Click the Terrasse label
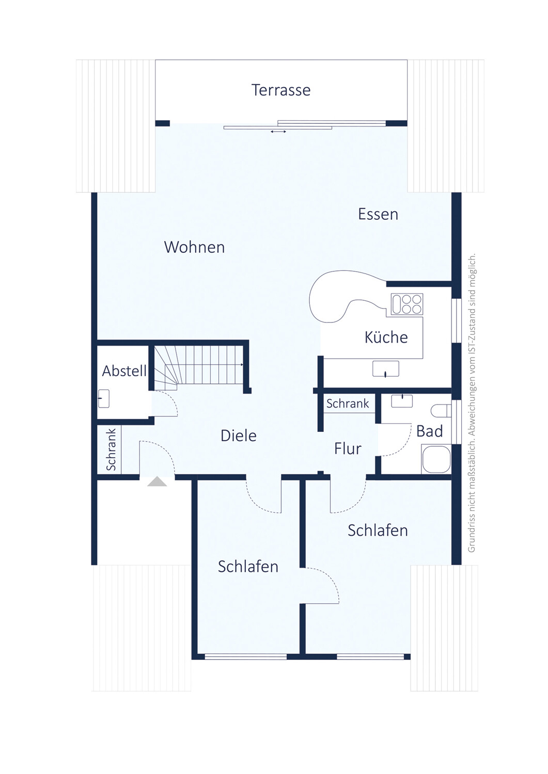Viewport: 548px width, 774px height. pos(281,90)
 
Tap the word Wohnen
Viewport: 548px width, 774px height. pos(194,247)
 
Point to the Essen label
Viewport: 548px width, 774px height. pos(378,214)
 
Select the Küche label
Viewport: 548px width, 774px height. pos(386,337)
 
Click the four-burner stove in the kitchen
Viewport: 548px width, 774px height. pos(407,304)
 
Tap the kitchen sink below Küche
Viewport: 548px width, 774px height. pos(386,368)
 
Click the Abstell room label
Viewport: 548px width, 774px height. pos(124,371)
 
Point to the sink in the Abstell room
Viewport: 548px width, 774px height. pos(103,398)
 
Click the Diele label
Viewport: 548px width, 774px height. pos(239,436)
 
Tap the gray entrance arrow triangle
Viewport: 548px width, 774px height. pos(157,481)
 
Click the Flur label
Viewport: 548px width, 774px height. pos(348,448)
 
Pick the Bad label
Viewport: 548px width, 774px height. pos(429,431)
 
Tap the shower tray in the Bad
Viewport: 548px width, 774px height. pos(436,459)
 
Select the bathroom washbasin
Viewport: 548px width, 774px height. pos(402,401)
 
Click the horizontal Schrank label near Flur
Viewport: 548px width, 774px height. pos(348,404)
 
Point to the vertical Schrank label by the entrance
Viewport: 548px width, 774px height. pos(111,449)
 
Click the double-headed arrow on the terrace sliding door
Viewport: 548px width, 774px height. pos(278,132)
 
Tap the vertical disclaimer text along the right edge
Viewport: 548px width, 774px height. pos(472,402)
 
